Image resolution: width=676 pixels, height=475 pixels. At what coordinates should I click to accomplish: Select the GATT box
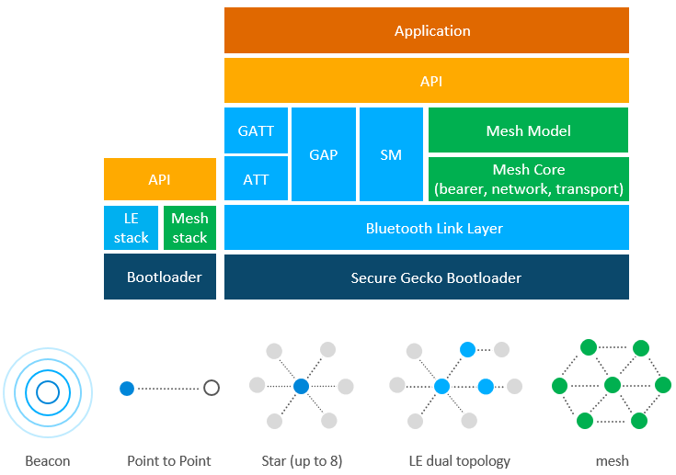[x=256, y=130]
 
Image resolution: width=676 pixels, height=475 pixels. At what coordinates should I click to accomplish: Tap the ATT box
[x=256, y=178]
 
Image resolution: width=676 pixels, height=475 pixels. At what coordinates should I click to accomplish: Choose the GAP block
[x=324, y=154]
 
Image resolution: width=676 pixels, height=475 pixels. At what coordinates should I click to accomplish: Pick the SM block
[x=391, y=154]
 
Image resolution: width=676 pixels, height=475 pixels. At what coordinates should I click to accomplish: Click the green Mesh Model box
[x=528, y=130]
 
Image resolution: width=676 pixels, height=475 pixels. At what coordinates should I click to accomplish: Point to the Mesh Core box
[x=528, y=179]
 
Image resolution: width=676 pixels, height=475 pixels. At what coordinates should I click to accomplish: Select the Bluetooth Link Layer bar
[x=427, y=228]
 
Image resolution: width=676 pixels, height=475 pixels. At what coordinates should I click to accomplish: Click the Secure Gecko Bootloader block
[x=427, y=277]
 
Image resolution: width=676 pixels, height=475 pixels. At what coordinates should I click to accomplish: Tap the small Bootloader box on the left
[x=160, y=277]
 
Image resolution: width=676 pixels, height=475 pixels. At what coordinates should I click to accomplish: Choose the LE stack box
[x=132, y=228]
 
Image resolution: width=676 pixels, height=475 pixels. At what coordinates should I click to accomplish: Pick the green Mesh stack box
[x=189, y=228]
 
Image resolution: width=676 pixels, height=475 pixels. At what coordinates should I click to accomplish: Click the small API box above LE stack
[x=160, y=179]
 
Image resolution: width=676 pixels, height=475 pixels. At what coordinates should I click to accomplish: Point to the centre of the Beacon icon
[x=48, y=393]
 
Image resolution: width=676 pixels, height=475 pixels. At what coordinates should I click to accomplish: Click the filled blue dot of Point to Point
[x=127, y=388]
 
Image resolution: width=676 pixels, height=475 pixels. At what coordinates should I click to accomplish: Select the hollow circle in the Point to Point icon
[x=212, y=388]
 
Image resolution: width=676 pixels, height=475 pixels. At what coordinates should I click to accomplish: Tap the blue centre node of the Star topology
[x=301, y=387]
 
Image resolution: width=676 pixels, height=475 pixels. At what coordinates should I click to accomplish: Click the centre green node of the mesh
[x=613, y=385]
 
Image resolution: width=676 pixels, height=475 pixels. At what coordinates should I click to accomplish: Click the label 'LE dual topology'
[x=460, y=460]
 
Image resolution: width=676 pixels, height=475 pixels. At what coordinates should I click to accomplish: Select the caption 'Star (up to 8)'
[x=302, y=460]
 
